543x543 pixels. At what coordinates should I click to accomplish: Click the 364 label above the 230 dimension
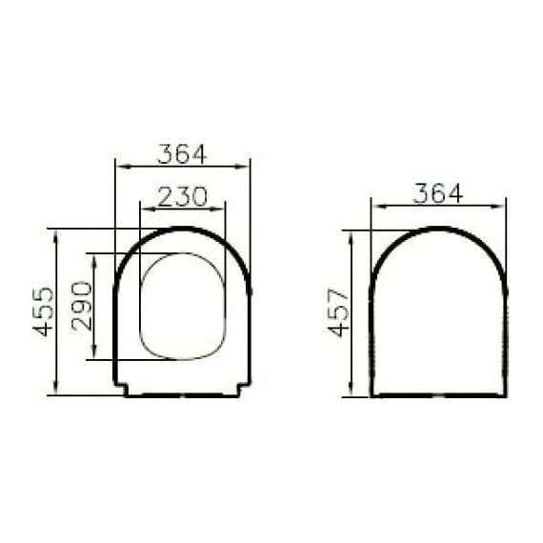(182, 153)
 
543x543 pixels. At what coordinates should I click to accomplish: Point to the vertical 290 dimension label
(83, 306)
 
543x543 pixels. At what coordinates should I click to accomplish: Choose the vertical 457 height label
(338, 312)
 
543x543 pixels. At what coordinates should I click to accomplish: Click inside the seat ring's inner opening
(182, 306)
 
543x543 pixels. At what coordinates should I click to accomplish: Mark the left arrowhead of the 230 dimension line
(144, 207)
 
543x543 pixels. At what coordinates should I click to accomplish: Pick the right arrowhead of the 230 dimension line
(221, 207)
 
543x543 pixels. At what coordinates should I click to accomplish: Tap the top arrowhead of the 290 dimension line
(93, 257)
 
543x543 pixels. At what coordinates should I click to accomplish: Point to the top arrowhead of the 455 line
(57, 233)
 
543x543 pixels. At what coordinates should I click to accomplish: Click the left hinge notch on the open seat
(121, 388)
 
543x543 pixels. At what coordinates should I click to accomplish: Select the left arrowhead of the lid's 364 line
(375, 204)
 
